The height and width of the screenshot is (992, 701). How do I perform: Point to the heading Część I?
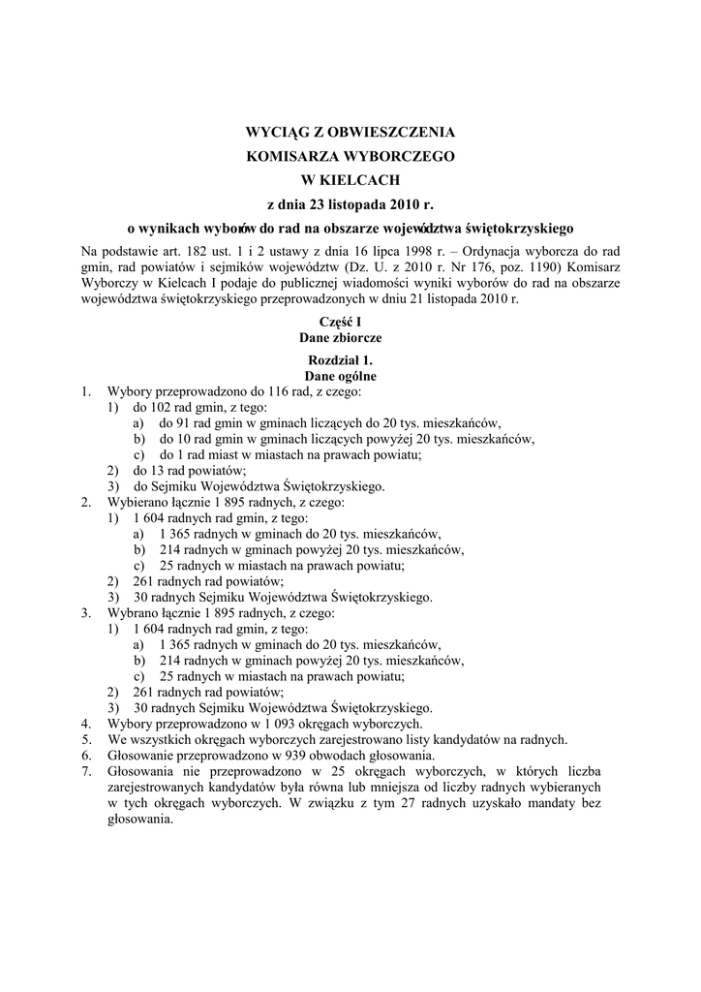[x=350, y=321]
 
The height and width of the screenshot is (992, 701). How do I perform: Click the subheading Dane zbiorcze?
[x=350, y=337]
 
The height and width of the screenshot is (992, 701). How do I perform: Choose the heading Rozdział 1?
[x=350, y=360]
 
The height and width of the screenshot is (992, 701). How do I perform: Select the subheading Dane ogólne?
[x=350, y=376]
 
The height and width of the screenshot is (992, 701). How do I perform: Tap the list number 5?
[x=85, y=739]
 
